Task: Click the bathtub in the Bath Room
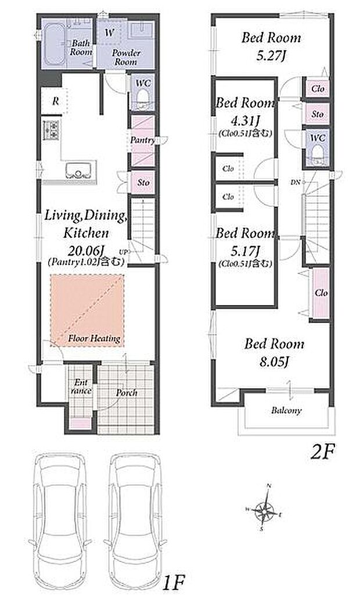click(x=54, y=45)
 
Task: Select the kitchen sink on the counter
click(x=79, y=170)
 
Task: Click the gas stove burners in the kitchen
click(x=52, y=130)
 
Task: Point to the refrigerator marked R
click(x=55, y=101)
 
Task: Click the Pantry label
click(x=142, y=140)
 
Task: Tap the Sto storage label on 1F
click(x=143, y=182)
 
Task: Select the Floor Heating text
click(x=95, y=339)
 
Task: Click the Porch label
click(x=127, y=393)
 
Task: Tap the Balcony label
click(x=286, y=410)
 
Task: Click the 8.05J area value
click(x=274, y=362)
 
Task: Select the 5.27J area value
click(x=271, y=56)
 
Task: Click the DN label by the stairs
click(x=295, y=182)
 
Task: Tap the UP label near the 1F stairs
click(x=123, y=252)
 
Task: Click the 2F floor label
click(x=323, y=451)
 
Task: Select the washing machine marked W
click(x=109, y=33)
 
